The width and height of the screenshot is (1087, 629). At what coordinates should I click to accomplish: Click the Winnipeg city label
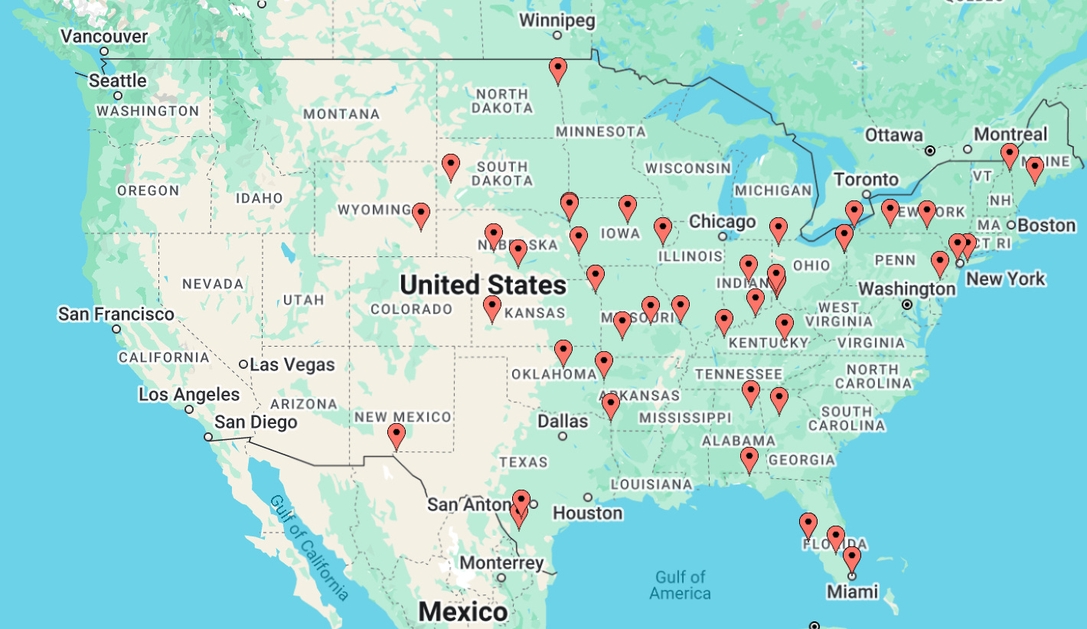557,21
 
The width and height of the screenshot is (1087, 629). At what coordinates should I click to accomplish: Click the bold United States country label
483,285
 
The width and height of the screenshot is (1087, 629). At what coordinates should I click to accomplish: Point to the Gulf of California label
309,548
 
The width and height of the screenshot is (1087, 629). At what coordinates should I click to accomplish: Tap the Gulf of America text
680,585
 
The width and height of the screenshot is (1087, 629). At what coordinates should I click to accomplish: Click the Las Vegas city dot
243,364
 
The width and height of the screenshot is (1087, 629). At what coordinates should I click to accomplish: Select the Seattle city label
117,80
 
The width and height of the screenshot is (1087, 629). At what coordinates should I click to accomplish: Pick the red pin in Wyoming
421,217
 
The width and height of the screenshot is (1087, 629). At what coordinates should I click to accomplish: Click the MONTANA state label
341,114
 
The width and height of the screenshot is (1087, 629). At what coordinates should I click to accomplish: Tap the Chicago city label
722,222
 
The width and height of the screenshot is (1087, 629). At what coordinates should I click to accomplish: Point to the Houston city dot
587,497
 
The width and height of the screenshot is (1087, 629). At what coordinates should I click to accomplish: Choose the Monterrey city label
501,563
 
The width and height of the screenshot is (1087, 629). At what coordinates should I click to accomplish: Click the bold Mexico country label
462,612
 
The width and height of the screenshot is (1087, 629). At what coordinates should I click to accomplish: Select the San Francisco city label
116,314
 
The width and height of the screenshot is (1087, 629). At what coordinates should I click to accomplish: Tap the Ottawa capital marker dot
930,151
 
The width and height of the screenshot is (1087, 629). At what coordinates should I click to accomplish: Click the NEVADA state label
213,284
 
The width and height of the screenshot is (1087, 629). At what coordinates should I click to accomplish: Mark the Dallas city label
563,421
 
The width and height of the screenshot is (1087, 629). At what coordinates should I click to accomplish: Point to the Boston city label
1046,225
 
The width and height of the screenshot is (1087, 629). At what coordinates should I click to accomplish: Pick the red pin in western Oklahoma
563,353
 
